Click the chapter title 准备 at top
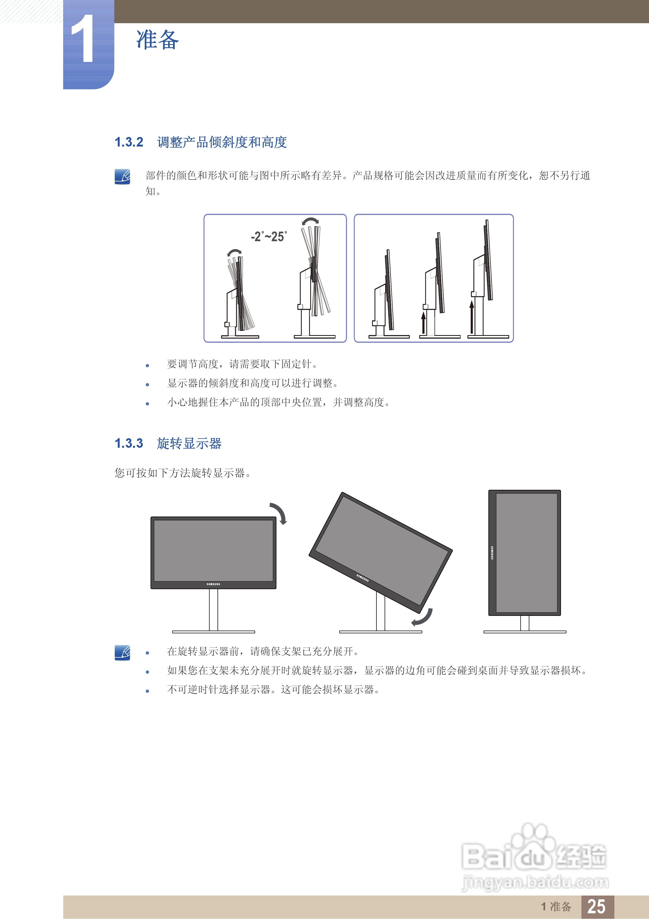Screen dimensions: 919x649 (x=157, y=40)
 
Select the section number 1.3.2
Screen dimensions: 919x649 (x=129, y=142)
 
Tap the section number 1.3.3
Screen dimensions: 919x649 (x=129, y=443)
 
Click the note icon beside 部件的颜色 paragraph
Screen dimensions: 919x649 (x=122, y=177)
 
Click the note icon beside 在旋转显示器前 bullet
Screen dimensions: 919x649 (x=122, y=652)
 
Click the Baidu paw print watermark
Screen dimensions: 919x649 (x=534, y=839)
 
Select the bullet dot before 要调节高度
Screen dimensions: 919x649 (x=147, y=365)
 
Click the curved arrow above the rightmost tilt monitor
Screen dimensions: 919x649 (x=310, y=221)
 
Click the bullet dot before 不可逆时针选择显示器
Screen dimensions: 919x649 (x=147, y=691)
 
